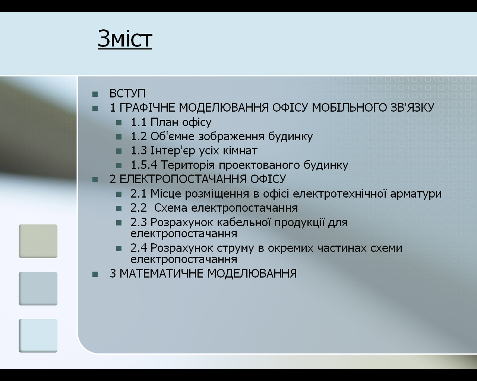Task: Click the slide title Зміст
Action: point(125,39)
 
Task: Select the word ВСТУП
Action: point(127,93)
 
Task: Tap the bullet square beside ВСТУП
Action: point(95,94)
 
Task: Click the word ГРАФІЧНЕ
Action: point(148,108)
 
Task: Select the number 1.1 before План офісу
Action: point(139,122)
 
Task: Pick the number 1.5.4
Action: point(144,165)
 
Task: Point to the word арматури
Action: point(416,194)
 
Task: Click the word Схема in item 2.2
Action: point(171,208)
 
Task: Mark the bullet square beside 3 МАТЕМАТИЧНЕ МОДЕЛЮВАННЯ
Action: point(95,274)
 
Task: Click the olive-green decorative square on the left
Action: point(38,241)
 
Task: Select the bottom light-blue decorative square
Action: point(38,336)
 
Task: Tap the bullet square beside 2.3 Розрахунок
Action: point(119,223)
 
